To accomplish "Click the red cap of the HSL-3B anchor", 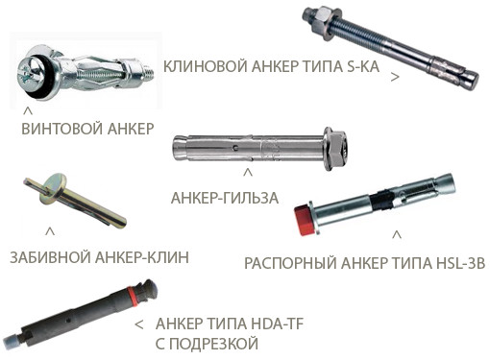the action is pos(305,220).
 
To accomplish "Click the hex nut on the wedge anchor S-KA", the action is pos(321,21).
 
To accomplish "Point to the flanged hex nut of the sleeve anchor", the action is pos(335,148).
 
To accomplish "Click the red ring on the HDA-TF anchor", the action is pos(133,295).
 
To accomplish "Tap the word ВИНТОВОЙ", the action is pos(61,128).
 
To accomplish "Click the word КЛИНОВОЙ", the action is pos(205,66).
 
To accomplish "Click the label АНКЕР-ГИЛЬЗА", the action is pos(225,198).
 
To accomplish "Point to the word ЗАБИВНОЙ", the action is pos(50,257).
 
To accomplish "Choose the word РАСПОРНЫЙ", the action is pos(290,263).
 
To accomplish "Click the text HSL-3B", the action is pos(460,263).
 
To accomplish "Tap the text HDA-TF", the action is pos(277,324).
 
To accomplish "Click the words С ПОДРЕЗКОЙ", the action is pos(207,344).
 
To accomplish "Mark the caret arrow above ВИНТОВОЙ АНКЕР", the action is pos(28,111).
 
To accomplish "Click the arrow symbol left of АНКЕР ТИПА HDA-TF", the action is pos(139,324).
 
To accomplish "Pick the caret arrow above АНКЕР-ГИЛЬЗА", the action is pos(248,173).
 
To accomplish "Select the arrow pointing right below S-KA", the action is pos(395,77).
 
